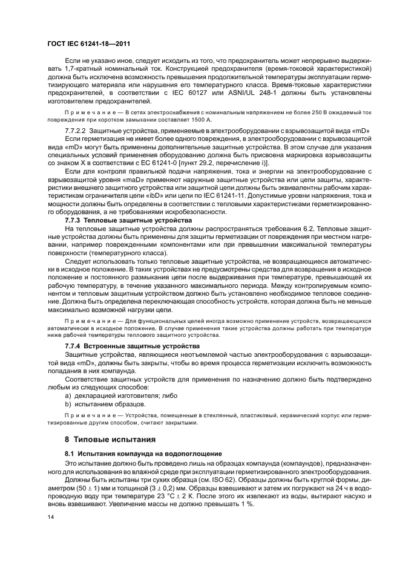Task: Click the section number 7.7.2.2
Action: point(76,147)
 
